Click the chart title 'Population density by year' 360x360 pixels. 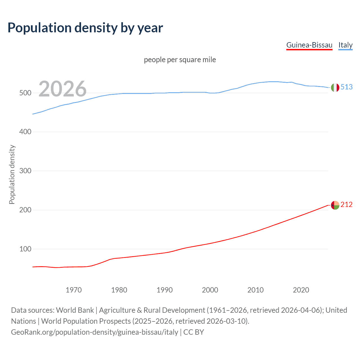coord(85,28)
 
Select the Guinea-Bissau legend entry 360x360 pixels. coord(309,45)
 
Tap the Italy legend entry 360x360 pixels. coord(345,45)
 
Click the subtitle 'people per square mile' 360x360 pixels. coord(180,60)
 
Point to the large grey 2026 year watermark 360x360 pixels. coord(62,89)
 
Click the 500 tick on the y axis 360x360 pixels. coord(25,93)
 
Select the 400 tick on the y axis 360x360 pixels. coord(25,132)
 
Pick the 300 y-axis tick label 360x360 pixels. coord(25,171)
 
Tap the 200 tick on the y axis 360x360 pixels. coord(25,210)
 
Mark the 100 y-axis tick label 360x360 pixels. coord(25,249)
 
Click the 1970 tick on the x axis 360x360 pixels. coord(74,290)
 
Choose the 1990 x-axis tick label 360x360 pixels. coord(165,290)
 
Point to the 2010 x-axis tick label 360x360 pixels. coord(255,290)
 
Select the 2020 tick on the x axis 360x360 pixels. coord(301,290)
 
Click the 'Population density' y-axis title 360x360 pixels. coord(12,174)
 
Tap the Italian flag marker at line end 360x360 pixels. coord(335,87)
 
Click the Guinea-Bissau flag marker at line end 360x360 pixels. coord(335,205)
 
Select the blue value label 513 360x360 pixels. coord(346,87)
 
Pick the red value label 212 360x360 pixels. coord(346,205)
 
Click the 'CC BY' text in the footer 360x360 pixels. coord(193,332)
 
